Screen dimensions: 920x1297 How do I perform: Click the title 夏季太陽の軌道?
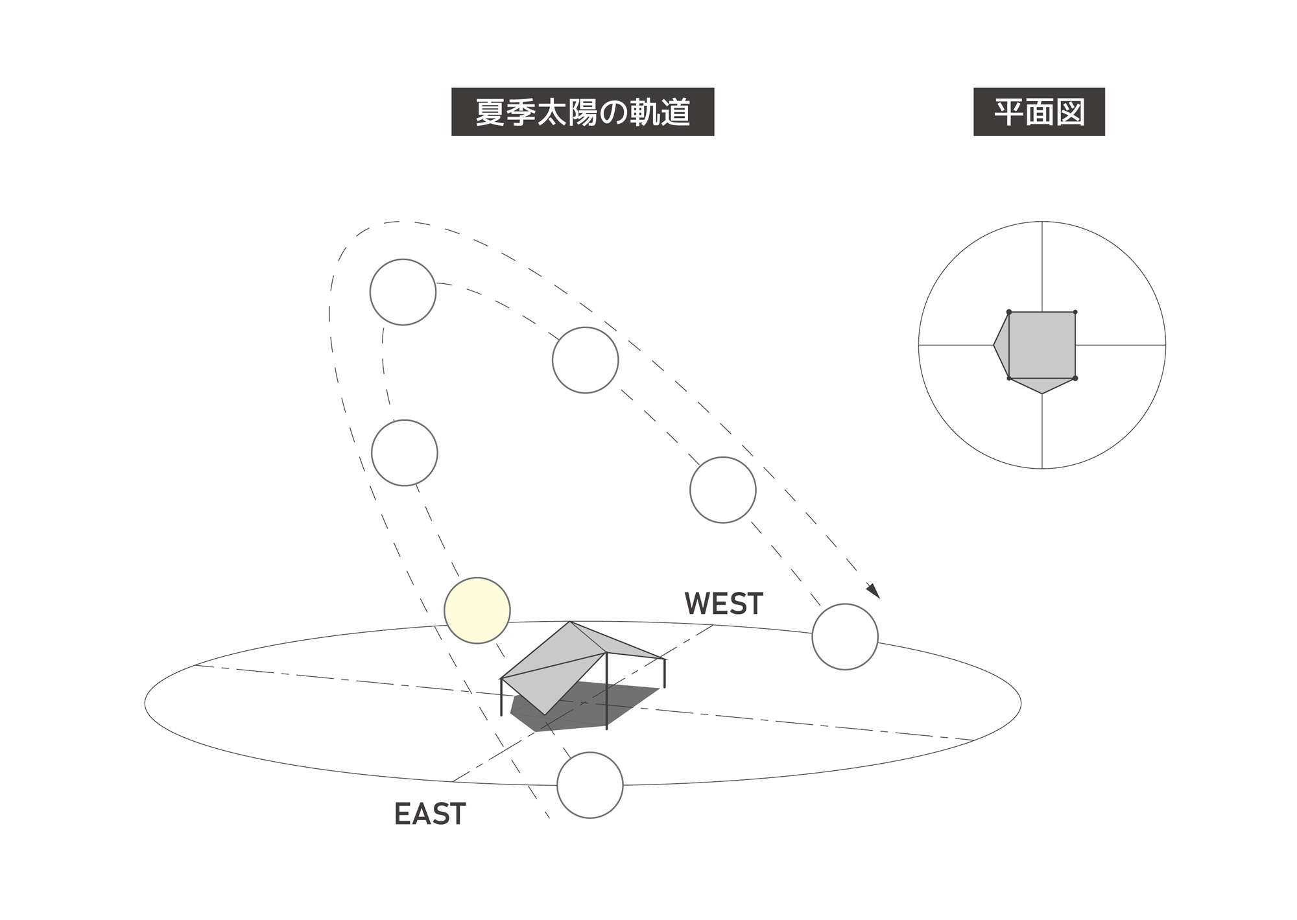[x=582, y=112]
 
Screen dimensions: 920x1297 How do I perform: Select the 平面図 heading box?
[x=1039, y=112]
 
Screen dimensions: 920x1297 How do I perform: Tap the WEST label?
[x=724, y=604]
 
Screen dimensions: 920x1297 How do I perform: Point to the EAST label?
[x=430, y=814]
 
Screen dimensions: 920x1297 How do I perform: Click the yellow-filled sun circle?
[x=477, y=610]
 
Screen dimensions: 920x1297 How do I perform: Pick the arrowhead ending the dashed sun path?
[x=873, y=591]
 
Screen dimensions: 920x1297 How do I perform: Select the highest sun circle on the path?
[x=403, y=292]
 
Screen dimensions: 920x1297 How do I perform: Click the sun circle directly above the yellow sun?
[x=405, y=453]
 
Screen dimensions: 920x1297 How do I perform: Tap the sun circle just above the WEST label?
[x=722, y=489]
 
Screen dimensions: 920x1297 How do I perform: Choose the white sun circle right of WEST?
[x=844, y=637]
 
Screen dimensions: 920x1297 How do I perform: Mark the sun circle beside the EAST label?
[x=589, y=784]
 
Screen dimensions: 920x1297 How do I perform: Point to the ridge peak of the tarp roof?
[x=570, y=622]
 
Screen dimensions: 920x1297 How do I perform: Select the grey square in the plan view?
[x=1042, y=345]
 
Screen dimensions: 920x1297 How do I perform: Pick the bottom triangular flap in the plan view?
[x=1042, y=384]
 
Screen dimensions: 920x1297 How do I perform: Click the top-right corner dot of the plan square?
[x=1075, y=313]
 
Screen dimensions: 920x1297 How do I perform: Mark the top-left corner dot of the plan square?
[x=1009, y=313]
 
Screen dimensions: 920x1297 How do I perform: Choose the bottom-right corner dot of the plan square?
[x=1075, y=378]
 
